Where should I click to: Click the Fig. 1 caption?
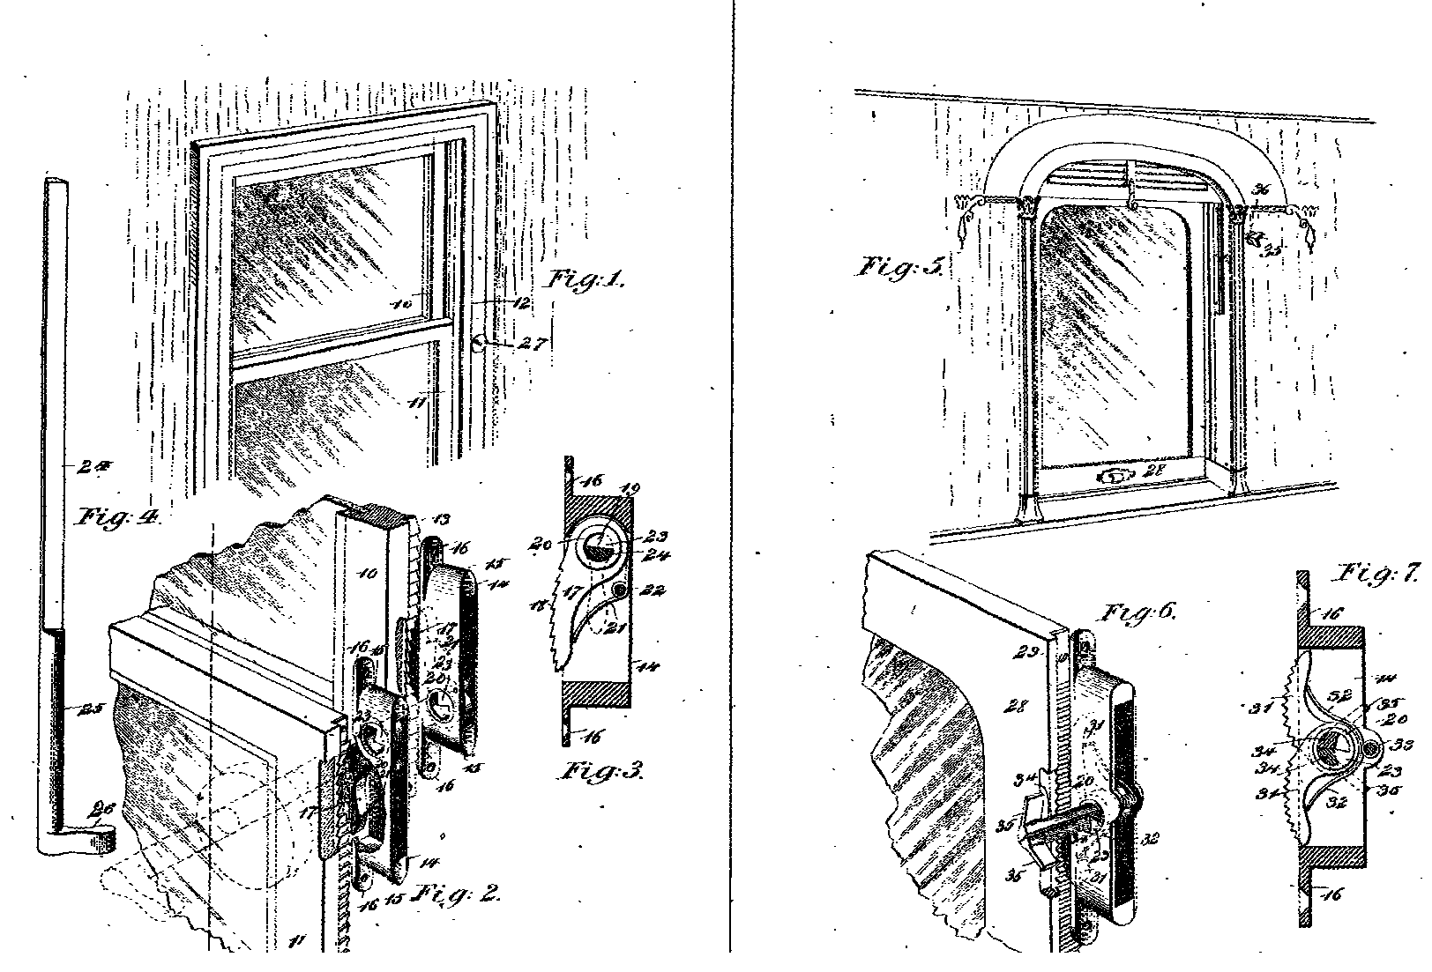tap(587, 280)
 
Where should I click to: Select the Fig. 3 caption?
tap(603, 773)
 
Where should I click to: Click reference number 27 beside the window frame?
tap(533, 345)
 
